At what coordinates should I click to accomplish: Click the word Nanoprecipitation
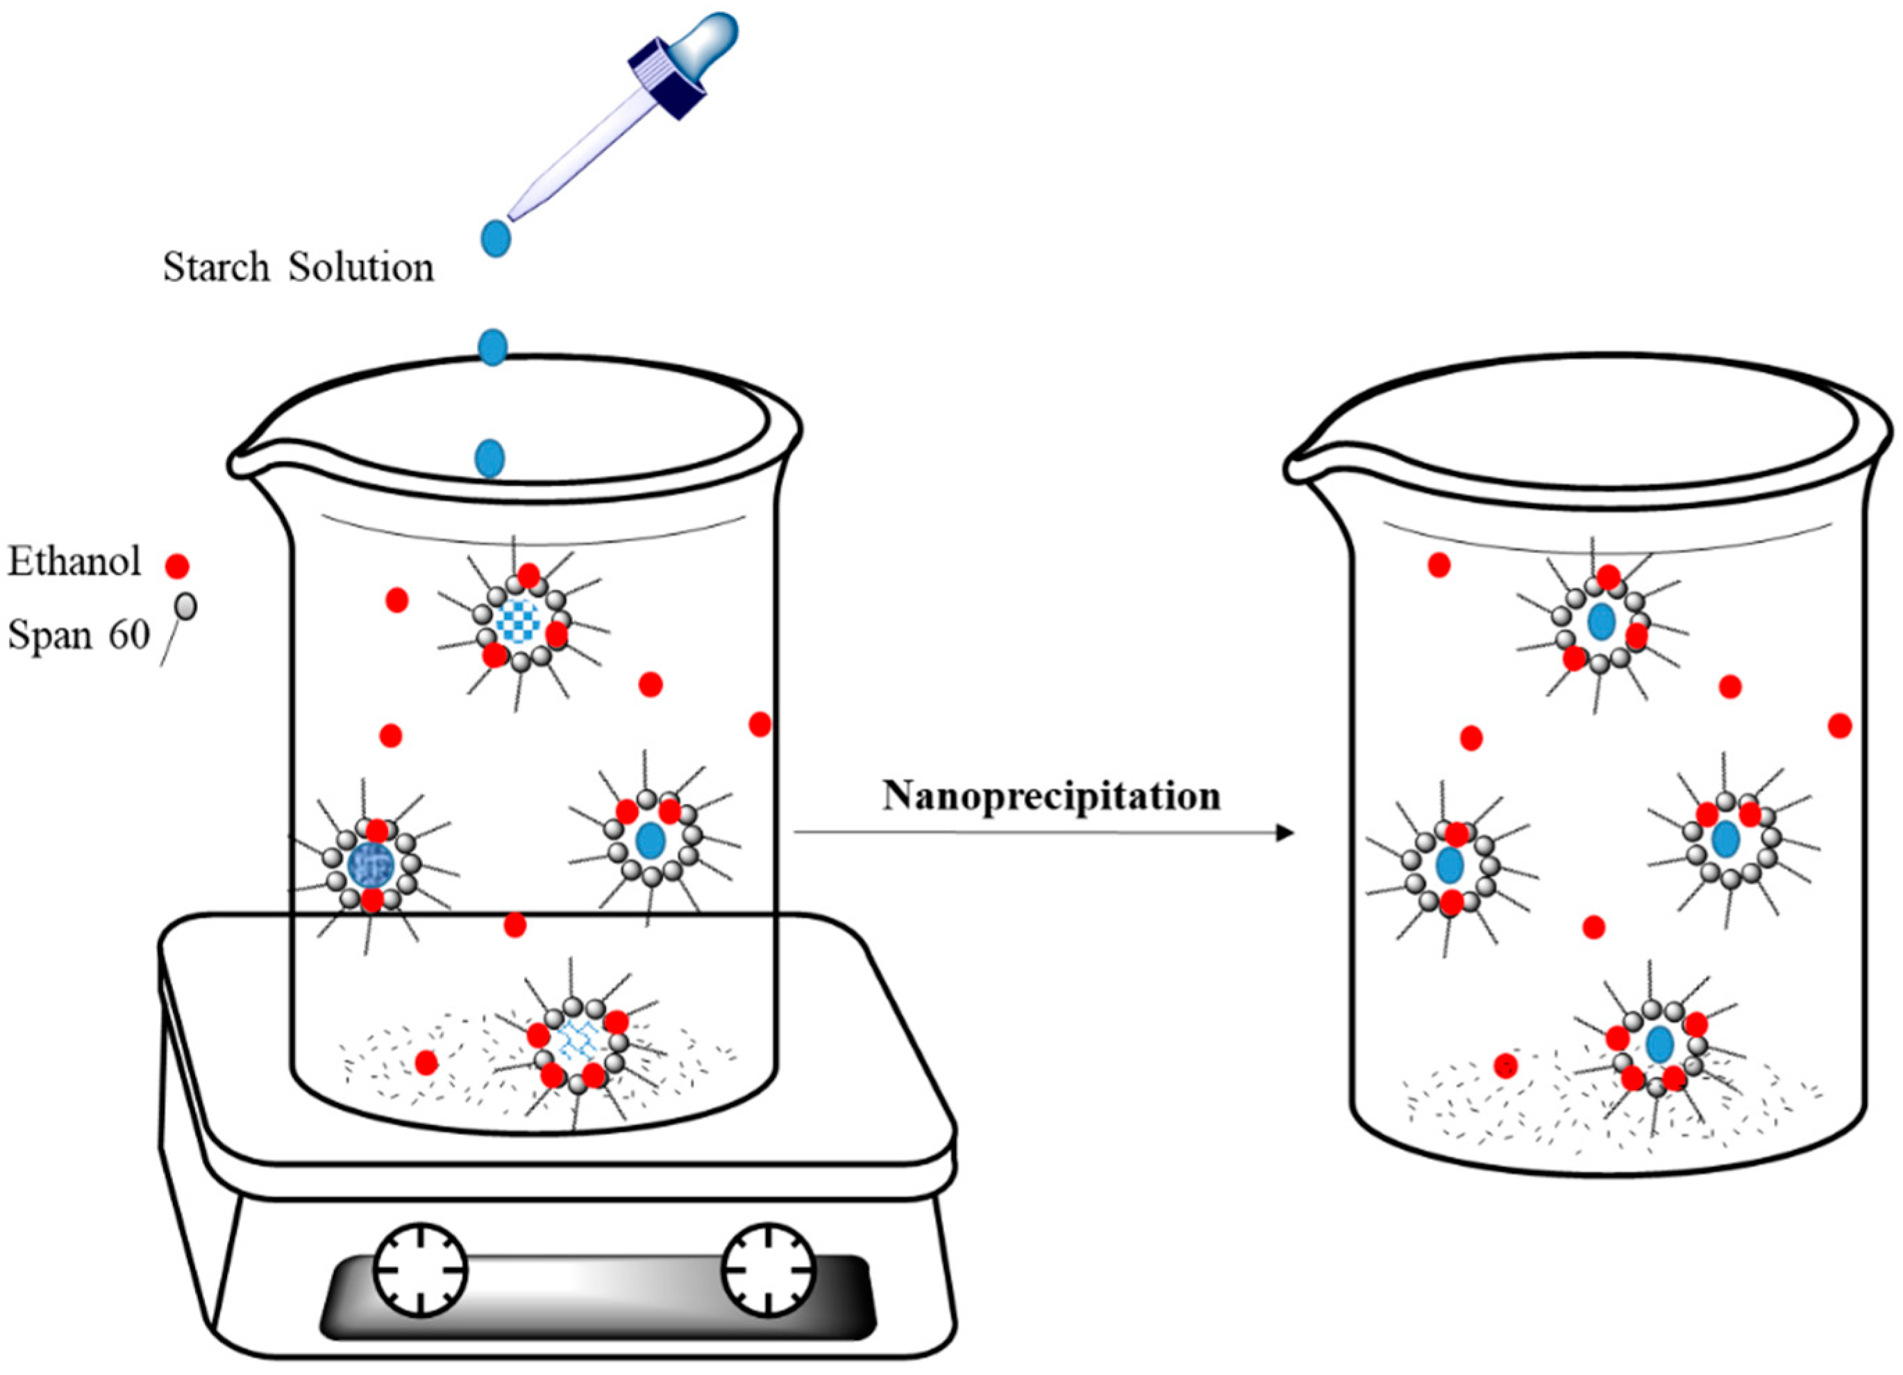[1050, 796]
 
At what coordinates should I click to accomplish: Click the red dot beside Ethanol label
[177, 566]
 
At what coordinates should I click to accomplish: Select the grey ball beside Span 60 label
[186, 606]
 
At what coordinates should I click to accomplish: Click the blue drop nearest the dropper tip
[496, 238]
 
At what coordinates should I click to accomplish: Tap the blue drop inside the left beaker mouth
[490, 458]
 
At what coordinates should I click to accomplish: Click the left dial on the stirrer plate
[419, 1271]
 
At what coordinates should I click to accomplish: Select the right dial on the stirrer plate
[769, 1271]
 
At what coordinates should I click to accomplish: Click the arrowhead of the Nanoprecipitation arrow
[1284, 832]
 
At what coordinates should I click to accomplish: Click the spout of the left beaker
[241, 464]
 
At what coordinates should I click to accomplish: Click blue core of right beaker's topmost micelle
[1602, 622]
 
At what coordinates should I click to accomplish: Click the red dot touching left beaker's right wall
[760, 724]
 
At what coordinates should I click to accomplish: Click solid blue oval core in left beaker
[651, 840]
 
